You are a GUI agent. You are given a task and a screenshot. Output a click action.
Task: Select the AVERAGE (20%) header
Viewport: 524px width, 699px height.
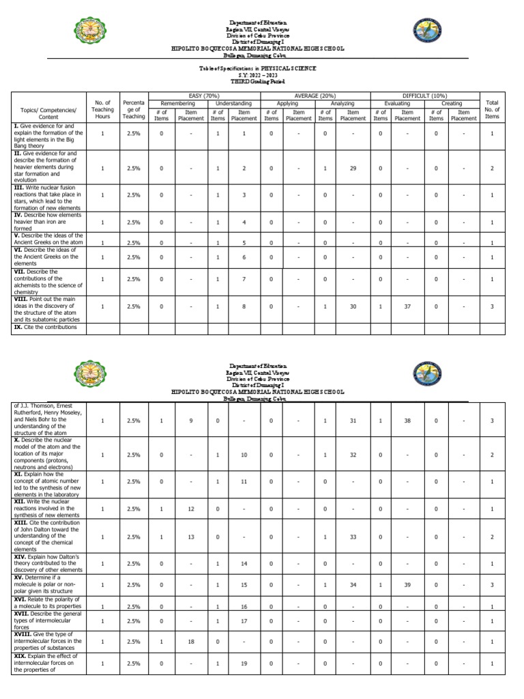(315, 96)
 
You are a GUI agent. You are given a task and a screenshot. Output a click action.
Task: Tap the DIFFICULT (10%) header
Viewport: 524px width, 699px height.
(424, 96)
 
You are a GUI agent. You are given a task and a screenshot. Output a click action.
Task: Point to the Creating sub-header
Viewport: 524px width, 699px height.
(451, 103)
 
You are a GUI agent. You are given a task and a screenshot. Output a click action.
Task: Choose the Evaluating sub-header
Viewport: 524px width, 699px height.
(396, 103)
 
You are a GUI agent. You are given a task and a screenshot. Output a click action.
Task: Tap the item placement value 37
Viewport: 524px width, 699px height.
(407, 307)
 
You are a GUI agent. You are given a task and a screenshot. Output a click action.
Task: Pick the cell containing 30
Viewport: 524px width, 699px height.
(353, 307)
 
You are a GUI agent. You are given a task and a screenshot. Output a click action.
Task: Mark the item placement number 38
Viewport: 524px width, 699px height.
(407, 421)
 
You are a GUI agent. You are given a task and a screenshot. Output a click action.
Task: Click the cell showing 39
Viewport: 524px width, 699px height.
(407, 585)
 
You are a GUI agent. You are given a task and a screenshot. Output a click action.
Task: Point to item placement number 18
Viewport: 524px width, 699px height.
(191, 642)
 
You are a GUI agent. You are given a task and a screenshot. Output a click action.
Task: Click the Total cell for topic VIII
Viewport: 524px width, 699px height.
(491, 307)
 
